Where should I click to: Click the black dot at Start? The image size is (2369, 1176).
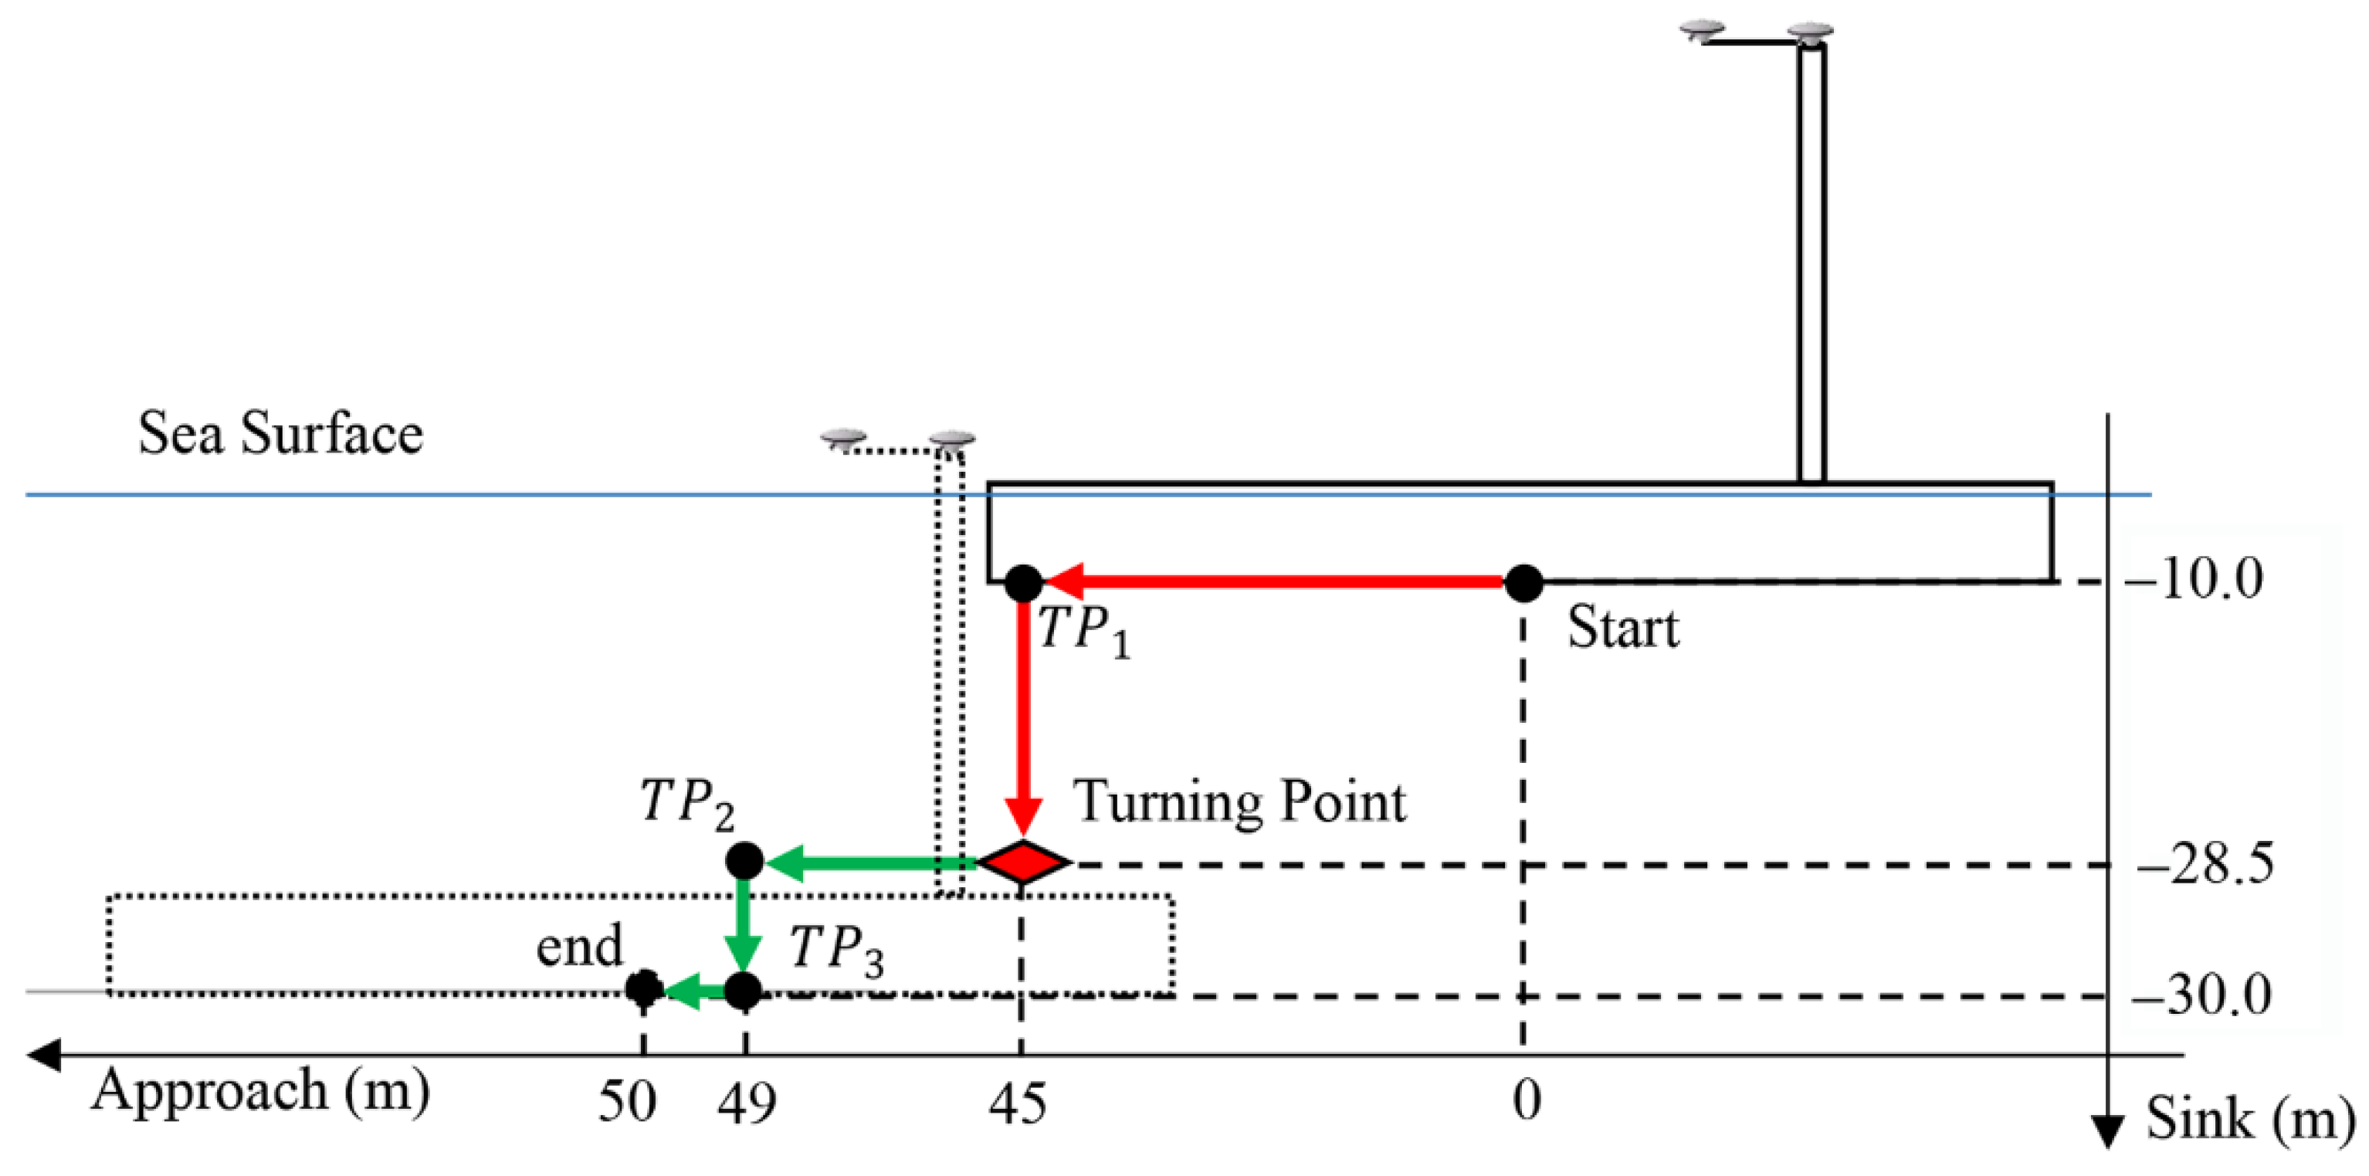tap(1523, 583)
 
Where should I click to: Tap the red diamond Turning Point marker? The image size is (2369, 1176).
tap(1022, 863)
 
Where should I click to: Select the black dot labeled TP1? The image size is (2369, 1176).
tap(1024, 583)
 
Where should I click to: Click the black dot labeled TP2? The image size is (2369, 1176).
tap(744, 862)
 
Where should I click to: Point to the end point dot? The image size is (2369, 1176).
tap(644, 989)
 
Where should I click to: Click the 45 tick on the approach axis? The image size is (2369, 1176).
tap(1017, 1103)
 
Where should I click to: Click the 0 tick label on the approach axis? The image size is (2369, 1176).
tap(1527, 1100)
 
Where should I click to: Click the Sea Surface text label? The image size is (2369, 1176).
tap(280, 434)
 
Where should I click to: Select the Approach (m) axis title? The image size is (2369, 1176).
tap(260, 1091)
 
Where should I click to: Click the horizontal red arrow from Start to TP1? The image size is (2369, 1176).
tap(1278, 582)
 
